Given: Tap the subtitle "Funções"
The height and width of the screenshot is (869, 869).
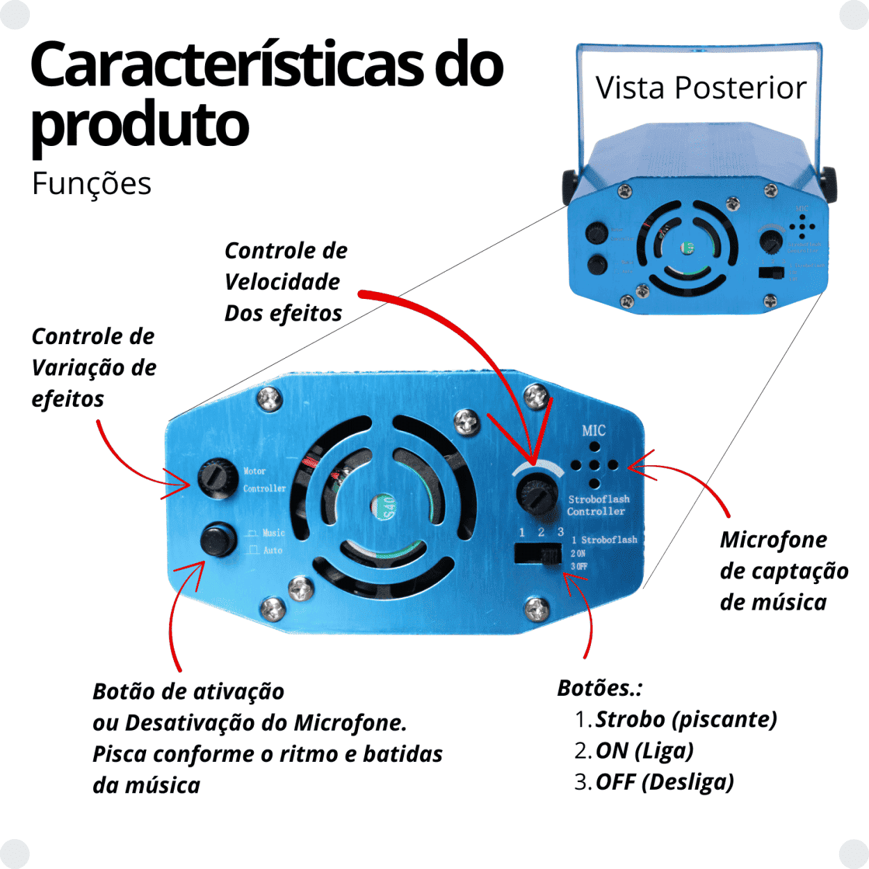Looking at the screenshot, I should coord(91,184).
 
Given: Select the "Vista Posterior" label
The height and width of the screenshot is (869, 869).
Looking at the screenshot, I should coord(701,88).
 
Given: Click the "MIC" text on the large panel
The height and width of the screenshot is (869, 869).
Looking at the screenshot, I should coord(594,431).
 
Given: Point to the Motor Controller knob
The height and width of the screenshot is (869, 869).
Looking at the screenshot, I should coord(218,477).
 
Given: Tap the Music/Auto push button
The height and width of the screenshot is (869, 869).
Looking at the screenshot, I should coord(218,540).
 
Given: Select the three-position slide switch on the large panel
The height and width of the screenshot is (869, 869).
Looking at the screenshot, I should coord(538,554).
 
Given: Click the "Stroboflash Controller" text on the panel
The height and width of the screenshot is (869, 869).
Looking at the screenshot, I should coord(598,505).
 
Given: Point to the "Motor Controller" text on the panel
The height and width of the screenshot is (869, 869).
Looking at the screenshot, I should coord(264,480).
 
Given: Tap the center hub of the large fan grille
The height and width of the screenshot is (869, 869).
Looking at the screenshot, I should coord(383,507).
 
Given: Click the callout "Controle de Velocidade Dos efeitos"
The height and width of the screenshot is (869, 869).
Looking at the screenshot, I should coord(285,282).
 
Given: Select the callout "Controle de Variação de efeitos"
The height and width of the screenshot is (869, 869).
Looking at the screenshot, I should coord(93,367).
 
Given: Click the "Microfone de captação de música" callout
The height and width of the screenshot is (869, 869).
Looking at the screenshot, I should coord(783,570).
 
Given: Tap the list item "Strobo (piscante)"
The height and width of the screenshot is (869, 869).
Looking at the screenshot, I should coord(685,720).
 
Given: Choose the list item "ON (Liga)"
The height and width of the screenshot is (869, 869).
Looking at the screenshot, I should coord(644,751).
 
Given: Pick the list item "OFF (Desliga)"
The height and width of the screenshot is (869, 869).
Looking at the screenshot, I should coord(664,782).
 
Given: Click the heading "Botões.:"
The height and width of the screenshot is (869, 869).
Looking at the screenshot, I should coord(599,688).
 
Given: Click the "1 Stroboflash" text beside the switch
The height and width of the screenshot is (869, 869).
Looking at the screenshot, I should coord(604,539).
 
